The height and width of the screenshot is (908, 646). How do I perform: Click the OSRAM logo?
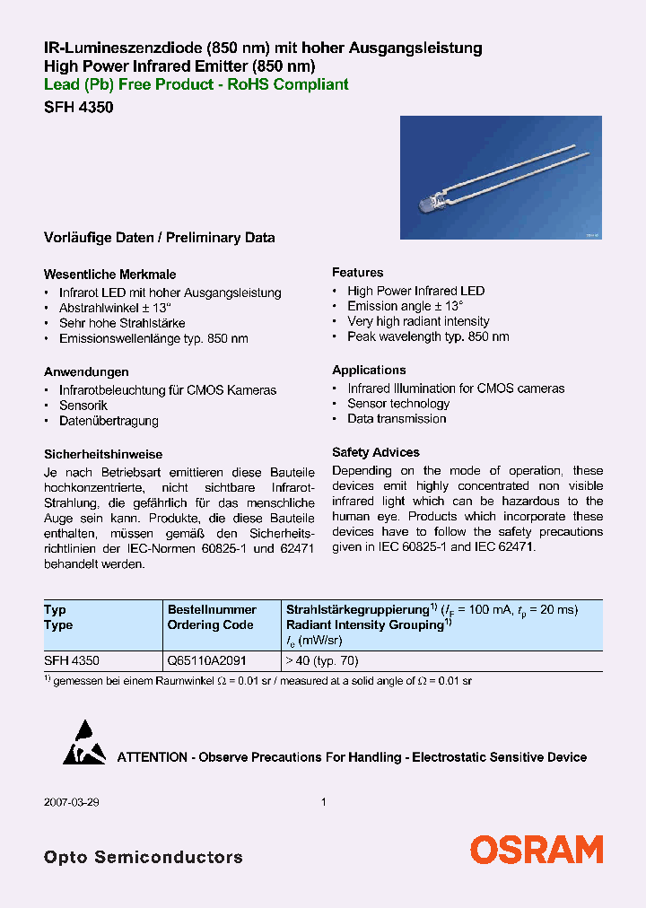pos(537,849)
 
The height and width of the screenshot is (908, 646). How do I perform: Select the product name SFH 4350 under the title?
pos(78,107)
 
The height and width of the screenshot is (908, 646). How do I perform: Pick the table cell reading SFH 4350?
pos(72,659)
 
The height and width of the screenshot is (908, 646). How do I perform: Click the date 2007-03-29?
pos(70,802)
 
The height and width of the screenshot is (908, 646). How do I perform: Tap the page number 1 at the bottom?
pos(323,802)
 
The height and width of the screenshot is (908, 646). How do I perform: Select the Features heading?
pos(357,272)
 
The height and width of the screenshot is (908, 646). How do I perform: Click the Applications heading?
pos(369,370)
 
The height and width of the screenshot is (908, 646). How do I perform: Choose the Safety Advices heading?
pos(375,452)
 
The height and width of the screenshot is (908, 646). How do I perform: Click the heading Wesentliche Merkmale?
pos(109,275)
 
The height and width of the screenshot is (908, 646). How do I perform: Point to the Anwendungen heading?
pos(86,371)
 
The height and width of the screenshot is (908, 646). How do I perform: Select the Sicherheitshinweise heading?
pos(103,454)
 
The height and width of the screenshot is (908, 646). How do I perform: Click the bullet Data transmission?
pos(397,419)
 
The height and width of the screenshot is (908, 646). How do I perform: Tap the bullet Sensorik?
pos(83,406)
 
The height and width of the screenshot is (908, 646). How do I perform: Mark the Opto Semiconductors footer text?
pos(143,857)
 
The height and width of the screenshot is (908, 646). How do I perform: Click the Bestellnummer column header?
pos(212,609)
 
